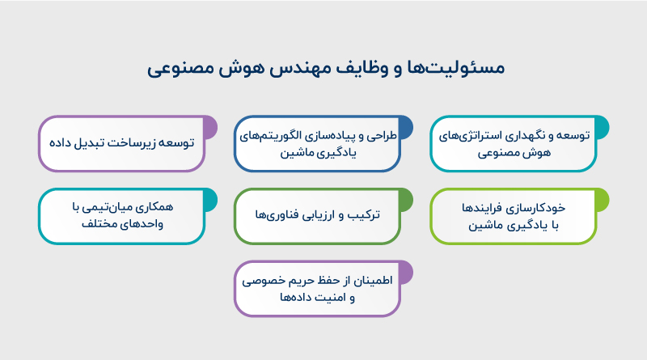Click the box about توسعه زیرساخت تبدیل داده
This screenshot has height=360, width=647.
121,143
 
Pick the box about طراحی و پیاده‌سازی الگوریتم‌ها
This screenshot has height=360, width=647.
318,143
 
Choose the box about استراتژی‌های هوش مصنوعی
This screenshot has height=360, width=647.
514,143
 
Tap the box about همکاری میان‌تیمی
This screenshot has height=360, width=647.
121,216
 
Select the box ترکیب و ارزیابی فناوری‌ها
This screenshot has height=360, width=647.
318,216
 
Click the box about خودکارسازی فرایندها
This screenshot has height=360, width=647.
514,216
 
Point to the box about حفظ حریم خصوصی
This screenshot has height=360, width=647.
318,288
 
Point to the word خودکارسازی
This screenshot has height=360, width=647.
556,208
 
